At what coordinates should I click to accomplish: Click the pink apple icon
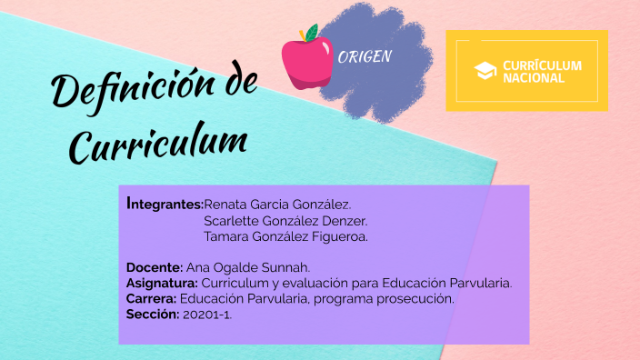point(305,62)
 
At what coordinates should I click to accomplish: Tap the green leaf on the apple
point(312,32)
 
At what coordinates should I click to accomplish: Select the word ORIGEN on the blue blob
point(365,56)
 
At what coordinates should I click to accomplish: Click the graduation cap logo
point(486,70)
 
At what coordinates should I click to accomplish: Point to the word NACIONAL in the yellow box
point(533,78)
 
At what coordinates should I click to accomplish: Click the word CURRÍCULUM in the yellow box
point(542,65)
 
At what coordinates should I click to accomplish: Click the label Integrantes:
point(165,204)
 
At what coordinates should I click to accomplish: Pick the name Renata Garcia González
point(277,204)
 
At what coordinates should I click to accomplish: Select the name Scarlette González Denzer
point(285,220)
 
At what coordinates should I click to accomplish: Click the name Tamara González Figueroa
point(285,236)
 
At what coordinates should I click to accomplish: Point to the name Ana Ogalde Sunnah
point(248,267)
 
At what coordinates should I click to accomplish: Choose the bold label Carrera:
point(152,298)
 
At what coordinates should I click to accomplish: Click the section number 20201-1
point(207,315)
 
